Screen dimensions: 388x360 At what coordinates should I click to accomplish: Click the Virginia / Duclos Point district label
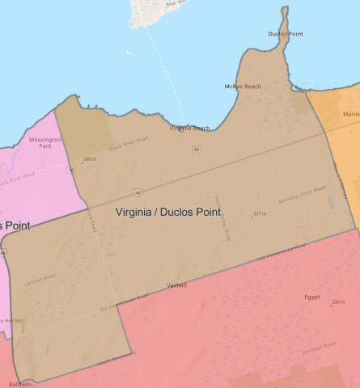coord(168,212)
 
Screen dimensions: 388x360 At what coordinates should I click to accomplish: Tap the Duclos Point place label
coord(285,34)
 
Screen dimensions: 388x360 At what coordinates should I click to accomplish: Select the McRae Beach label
coord(243,86)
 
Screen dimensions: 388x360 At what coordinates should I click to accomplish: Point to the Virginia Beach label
coord(189,128)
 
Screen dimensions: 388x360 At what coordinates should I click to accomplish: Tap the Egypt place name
coord(312,297)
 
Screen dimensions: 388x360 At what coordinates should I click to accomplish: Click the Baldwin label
coord(20,384)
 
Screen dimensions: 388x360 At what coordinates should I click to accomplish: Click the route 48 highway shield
coord(138,193)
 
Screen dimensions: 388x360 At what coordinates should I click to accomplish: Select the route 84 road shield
coord(197,150)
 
